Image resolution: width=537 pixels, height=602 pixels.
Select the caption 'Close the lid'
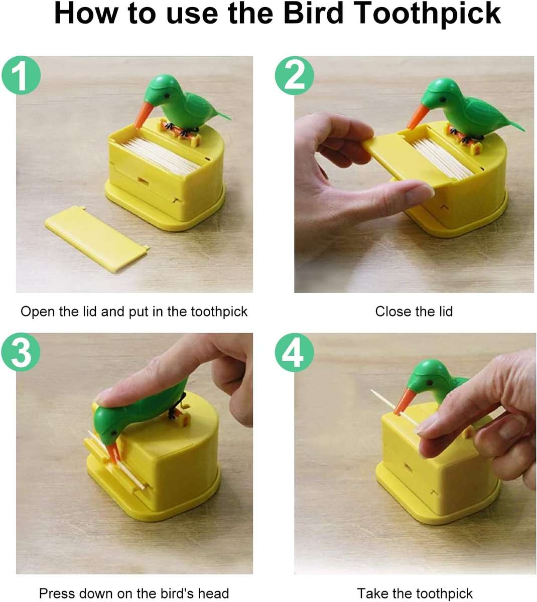(414, 312)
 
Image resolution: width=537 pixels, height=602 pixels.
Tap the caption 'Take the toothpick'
(415, 593)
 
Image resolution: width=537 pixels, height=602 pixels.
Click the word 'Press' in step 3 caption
(57, 593)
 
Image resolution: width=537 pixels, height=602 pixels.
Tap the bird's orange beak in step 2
(416, 117)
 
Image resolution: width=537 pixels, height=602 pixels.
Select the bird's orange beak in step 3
(113, 452)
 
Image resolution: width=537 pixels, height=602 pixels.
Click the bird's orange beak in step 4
(402, 402)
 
